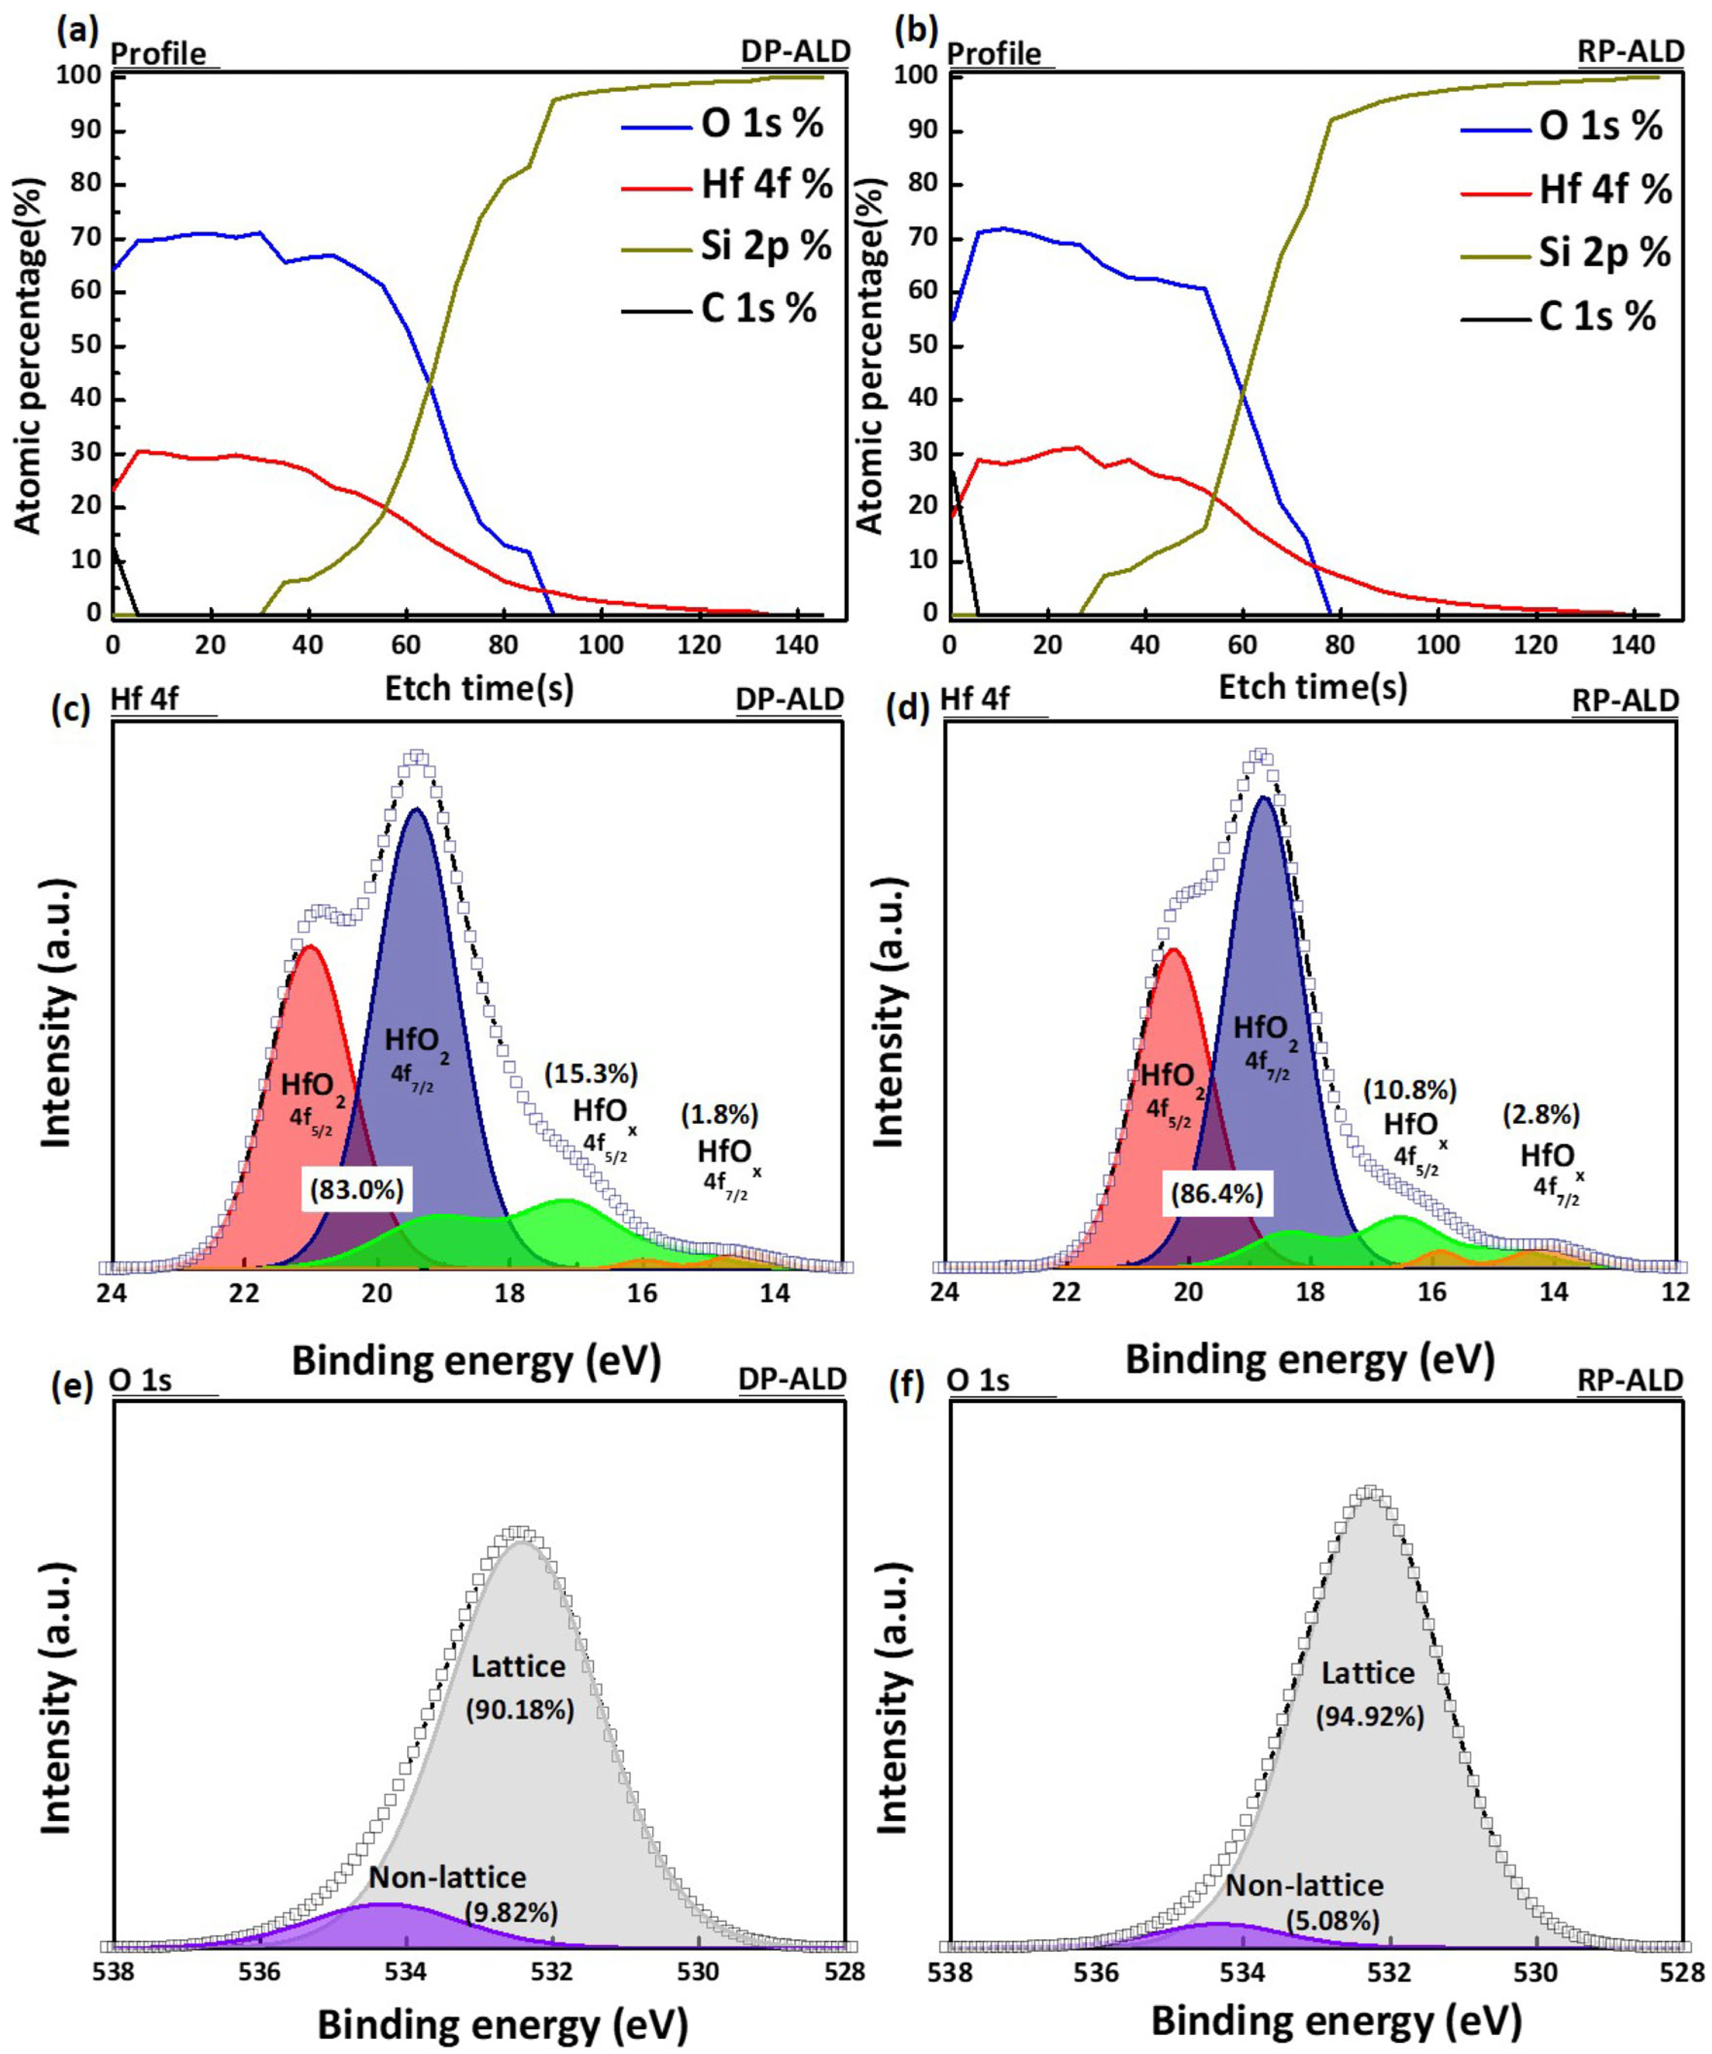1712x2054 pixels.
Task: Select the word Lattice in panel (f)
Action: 1368,1673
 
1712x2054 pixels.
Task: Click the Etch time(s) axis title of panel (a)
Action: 479,689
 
